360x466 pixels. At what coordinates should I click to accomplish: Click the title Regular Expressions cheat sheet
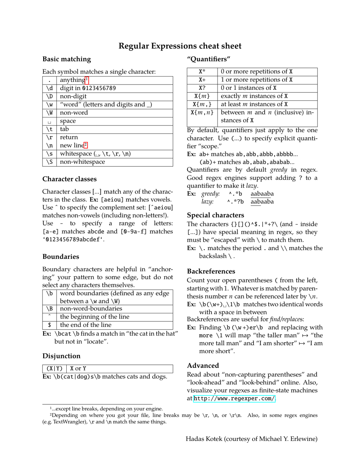(x=180, y=46)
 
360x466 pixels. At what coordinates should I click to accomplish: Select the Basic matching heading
(x=67, y=59)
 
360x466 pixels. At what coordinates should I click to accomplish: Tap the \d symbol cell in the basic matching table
(x=50, y=88)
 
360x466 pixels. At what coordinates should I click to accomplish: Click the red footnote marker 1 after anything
(x=87, y=80)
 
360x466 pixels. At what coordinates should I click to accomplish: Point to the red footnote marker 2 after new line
(x=86, y=145)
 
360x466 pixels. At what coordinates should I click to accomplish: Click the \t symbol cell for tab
(x=50, y=129)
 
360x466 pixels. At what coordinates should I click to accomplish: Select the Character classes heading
(x=69, y=179)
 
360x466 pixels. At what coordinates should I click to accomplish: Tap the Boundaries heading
(x=61, y=257)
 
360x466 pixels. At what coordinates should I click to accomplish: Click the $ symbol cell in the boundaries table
(x=50, y=325)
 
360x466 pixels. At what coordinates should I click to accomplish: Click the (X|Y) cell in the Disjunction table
(x=55, y=369)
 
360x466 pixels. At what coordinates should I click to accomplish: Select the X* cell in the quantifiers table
(x=202, y=72)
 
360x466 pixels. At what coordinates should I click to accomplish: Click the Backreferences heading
(x=211, y=271)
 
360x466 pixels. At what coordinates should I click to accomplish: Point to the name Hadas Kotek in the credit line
(x=203, y=439)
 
